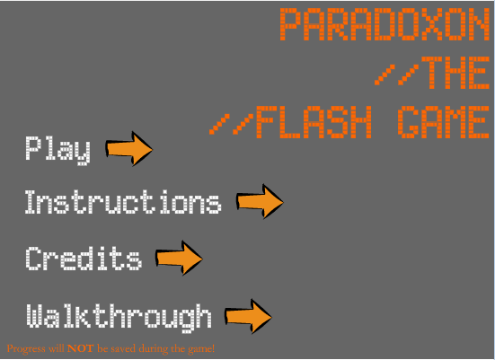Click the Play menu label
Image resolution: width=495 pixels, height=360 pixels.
coord(57,151)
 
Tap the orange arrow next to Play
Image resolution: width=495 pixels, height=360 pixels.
coord(128,149)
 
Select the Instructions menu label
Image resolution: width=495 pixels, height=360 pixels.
coord(123,202)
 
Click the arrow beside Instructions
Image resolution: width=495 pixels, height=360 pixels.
coord(260,202)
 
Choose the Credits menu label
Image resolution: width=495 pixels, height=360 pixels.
coord(84,259)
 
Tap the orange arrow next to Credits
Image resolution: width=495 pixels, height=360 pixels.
coord(179,258)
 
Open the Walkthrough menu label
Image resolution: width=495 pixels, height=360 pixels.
coord(119,318)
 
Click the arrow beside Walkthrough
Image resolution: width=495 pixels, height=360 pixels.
coord(248,317)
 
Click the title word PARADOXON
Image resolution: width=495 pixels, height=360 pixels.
coord(385,24)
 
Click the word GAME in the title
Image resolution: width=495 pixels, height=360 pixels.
coord(443,122)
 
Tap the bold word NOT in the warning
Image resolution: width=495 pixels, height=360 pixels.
coord(81,348)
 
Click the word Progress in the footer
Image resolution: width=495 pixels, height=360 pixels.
coord(26,349)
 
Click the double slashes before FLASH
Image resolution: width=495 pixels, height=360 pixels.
coord(232,124)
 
